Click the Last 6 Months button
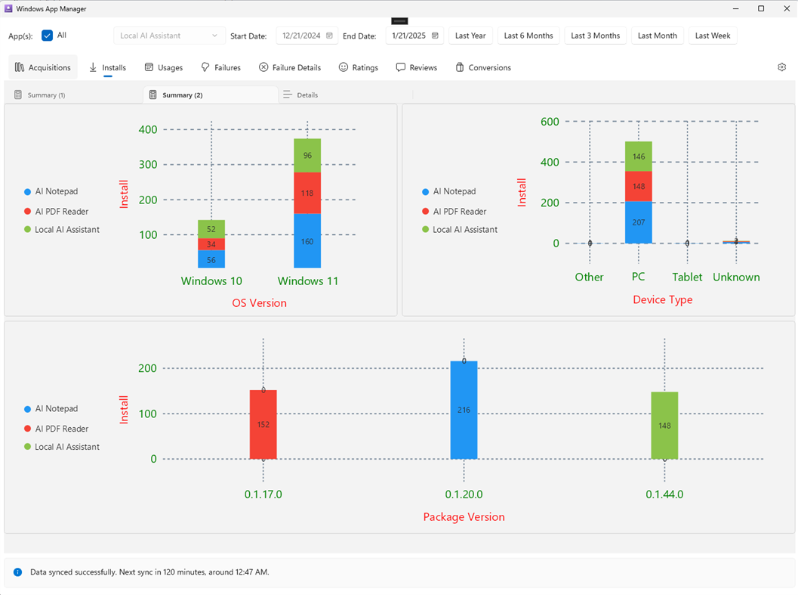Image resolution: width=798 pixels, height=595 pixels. tap(528, 36)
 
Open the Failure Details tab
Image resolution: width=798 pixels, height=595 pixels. tap(290, 67)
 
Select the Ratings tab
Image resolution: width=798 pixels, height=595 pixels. tap(358, 67)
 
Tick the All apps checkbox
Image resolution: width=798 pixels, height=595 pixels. tap(48, 36)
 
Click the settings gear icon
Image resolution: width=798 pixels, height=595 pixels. tap(781, 67)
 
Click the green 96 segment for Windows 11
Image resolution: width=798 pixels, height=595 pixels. tap(307, 156)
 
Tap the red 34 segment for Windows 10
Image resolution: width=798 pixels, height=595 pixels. tap(211, 244)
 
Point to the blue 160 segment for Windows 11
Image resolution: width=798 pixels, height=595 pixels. tap(307, 241)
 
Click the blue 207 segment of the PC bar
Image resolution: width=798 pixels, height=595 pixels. tap(639, 222)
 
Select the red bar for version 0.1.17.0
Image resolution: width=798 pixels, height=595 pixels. tap(263, 424)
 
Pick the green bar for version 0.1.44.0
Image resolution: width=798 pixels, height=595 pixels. tap(664, 426)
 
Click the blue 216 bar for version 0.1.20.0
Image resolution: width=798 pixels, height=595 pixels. tap(464, 410)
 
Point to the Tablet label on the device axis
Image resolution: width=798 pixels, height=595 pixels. tap(687, 277)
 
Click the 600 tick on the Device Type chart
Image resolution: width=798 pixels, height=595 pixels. tap(550, 122)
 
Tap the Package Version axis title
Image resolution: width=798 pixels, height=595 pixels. tap(464, 517)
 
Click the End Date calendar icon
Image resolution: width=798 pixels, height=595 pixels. tap(435, 36)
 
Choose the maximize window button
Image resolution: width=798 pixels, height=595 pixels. tap(761, 8)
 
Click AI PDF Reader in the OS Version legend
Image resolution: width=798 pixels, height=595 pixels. tap(61, 212)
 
